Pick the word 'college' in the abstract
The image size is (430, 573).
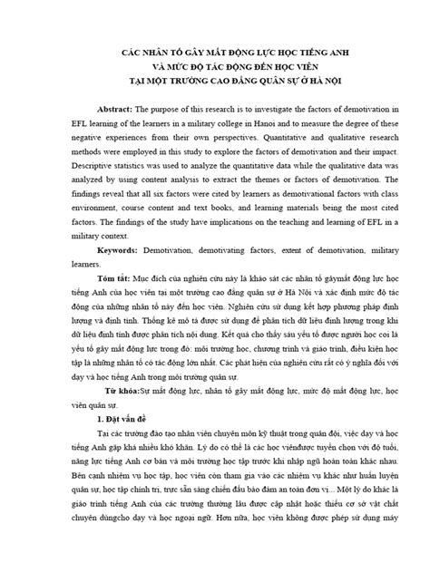tap(239, 124)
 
